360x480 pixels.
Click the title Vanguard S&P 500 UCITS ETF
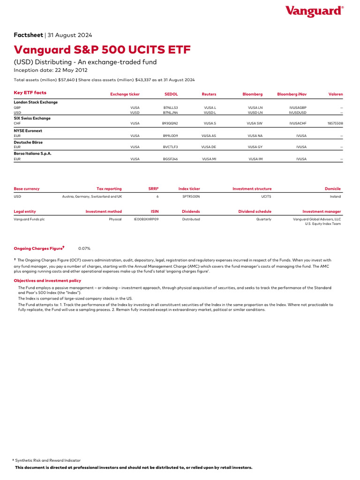click(102, 50)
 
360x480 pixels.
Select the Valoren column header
click(336, 94)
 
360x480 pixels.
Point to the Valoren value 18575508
click(335, 124)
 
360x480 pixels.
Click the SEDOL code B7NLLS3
click(171, 107)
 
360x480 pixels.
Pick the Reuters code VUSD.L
click(210, 112)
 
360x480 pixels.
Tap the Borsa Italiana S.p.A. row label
click(32, 153)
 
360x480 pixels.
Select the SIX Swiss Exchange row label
click(32, 118)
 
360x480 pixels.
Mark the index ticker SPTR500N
click(191, 196)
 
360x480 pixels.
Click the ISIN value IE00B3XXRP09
click(146, 219)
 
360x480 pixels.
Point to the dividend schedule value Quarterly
click(263, 219)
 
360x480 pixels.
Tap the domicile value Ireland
click(335, 196)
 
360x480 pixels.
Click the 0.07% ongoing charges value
click(84, 248)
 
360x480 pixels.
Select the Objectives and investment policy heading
click(47, 280)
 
